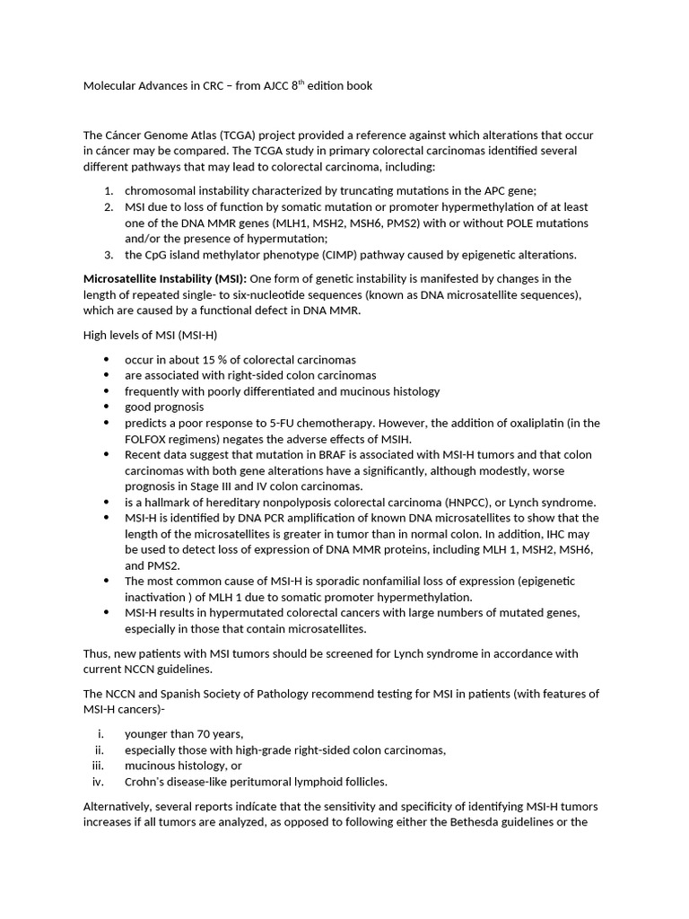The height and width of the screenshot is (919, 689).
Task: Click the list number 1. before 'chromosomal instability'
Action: point(108,190)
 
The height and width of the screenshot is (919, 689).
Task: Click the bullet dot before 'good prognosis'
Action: point(107,407)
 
